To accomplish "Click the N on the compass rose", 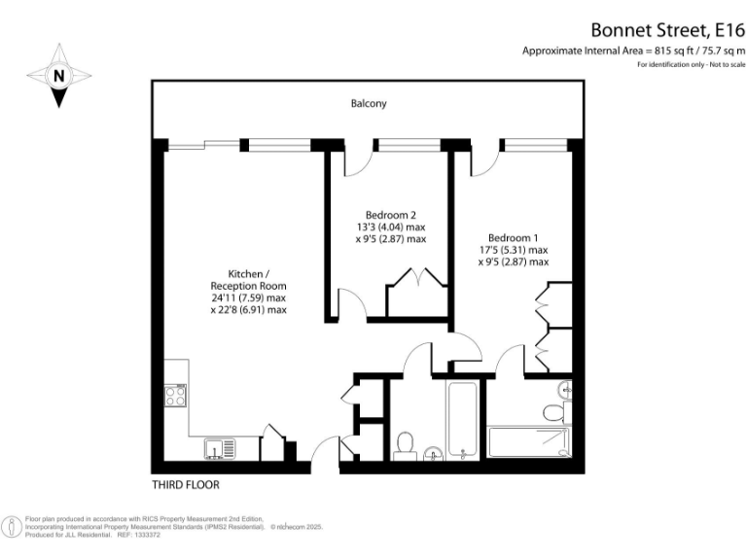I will pos(59,75).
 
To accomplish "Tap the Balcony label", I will pos(369,103).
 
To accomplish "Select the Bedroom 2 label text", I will pos(391,215).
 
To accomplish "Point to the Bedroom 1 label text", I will pos(513,238).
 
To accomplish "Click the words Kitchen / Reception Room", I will pos(249,280).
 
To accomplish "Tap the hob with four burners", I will pos(176,396).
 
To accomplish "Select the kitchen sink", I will pos(219,449).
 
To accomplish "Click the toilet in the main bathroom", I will pos(407,444).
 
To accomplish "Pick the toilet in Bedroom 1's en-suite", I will pos(553,410).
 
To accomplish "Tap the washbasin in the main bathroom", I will pos(434,453).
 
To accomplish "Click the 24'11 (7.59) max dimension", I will pos(249,298).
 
